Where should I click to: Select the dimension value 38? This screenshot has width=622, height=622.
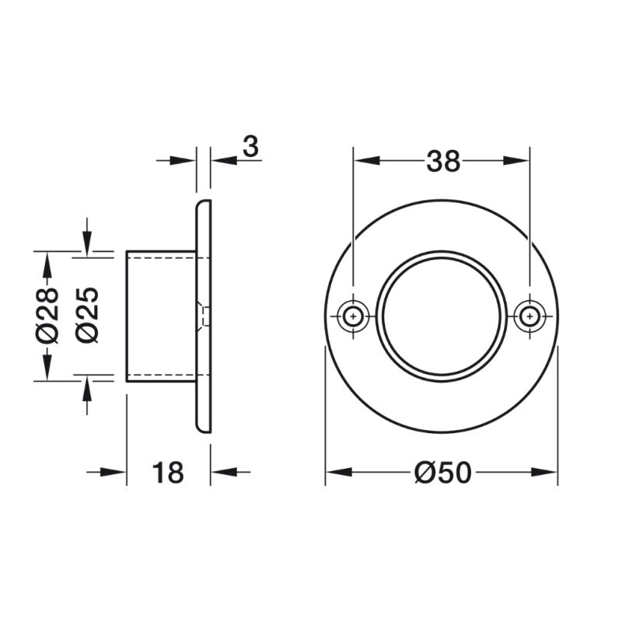click(x=443, y=161)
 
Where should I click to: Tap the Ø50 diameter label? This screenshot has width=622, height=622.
click(x=443, y=472)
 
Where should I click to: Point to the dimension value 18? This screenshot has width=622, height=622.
click(x=168, y=472)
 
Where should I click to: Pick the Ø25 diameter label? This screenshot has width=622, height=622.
click(x=88, y=315)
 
